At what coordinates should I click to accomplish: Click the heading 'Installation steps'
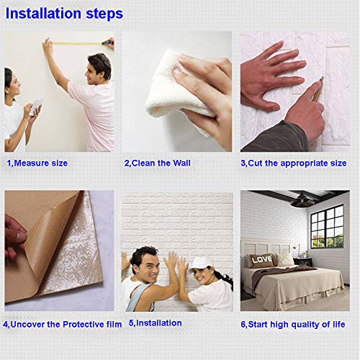pyautogui.click(x=64, y=14)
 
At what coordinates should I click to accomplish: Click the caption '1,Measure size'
pyautogui.click(x=37, y=163)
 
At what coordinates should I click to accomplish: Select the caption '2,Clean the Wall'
pyautogui.click(x=157, y=163)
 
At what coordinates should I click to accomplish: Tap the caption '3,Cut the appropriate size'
pyautogui.click(x=293, y=163)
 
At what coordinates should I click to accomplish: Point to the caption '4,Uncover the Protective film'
pyautogui.click(x=62, y=324)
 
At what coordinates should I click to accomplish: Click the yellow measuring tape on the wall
pyautogui.click(x=79, y=43)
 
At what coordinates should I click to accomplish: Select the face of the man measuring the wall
pyautogui.click(x=97, y=71)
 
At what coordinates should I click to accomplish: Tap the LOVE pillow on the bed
pyautogui.click(x=261, y=260)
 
